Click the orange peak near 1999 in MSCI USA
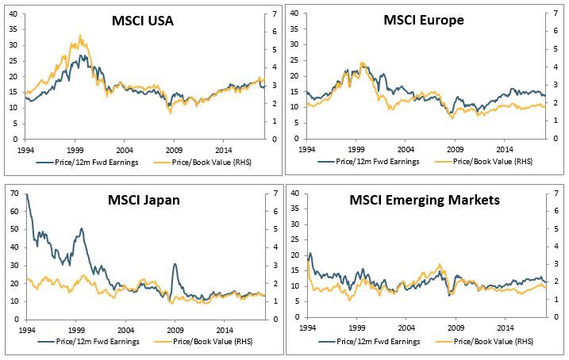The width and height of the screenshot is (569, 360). pos(80,36)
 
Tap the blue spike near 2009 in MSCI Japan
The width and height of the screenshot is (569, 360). pos(174,265)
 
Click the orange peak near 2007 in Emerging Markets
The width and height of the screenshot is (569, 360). pos(440,265)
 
